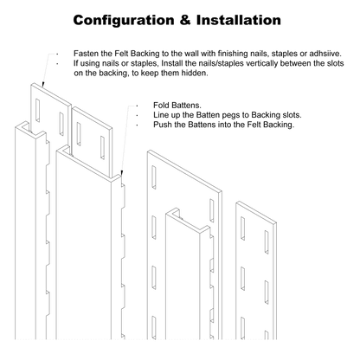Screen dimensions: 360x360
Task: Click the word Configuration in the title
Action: pos(124,21)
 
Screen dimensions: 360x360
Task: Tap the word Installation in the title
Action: pos(239,20)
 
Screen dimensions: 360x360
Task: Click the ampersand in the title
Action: pos(185,20)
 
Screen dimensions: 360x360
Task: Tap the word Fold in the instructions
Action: pos(161,105)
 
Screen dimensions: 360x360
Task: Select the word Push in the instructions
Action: pos(162,125)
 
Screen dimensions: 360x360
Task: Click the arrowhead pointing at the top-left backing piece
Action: pos(43,84)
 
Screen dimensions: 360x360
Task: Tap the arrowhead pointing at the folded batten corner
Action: pos(122,173)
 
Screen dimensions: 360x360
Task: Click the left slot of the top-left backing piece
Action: pos(37,111)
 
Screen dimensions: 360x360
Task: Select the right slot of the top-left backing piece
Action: pos(61,124)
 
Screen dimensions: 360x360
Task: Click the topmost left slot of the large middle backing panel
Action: pos(154,177)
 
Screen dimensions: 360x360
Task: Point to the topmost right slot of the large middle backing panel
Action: pos(212,210)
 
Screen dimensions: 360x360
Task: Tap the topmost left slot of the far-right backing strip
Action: pos(243,228)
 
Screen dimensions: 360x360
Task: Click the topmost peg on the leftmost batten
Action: pos(48,152)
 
